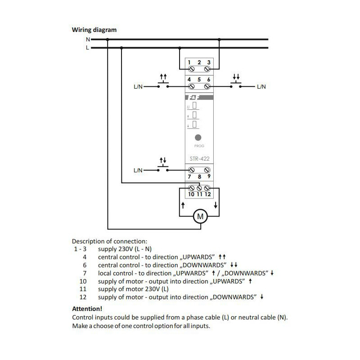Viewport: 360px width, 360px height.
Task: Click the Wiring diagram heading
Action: pos(94,30)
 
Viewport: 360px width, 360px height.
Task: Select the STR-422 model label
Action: pos(198,158)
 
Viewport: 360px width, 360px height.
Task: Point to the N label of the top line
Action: pos(87,40)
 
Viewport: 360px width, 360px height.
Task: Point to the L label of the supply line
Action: pos(87,48)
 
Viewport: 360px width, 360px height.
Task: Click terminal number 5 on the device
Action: pos(199,79)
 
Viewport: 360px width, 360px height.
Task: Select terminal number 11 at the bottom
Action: pos(199,194)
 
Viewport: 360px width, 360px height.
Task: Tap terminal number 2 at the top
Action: pos(199,62)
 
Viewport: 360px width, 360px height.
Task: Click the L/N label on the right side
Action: pos(261,86)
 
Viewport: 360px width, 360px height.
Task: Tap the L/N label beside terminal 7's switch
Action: pos(138,170)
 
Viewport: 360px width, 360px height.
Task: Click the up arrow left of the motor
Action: pos(181,205)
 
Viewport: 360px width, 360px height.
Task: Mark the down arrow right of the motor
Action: pos(216,205)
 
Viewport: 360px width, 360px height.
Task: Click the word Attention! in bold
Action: pos(87,309)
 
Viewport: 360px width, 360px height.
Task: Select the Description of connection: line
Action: pos(109,241)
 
